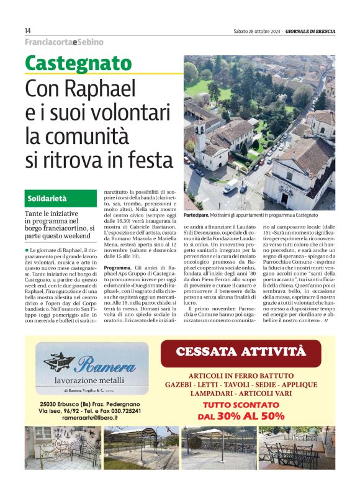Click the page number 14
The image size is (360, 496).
coord(28,30)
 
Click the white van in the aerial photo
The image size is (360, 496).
coord(230,186)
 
